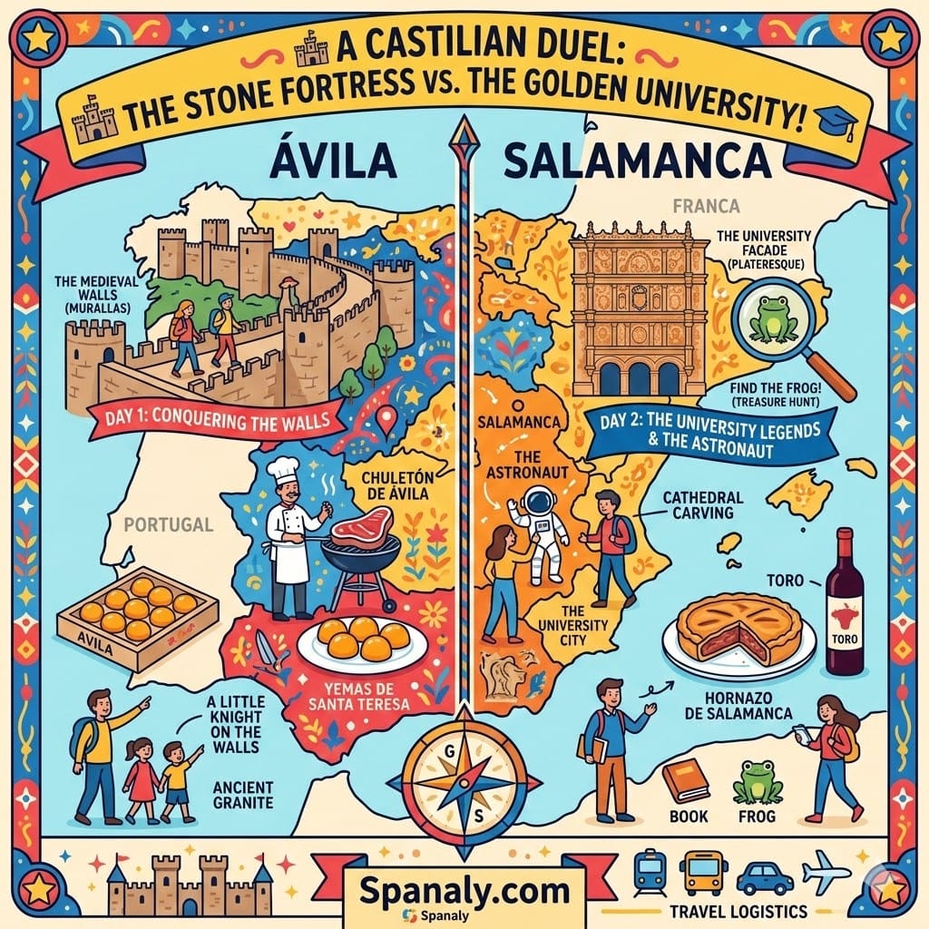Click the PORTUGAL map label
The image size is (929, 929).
[x=169, y=524]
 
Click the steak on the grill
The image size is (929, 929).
[x=360, y=526]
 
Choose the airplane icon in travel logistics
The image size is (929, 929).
[x=826, y=872]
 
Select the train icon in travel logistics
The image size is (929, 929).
[x=649, y=872]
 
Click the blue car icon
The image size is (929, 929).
[x=764, y=877]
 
